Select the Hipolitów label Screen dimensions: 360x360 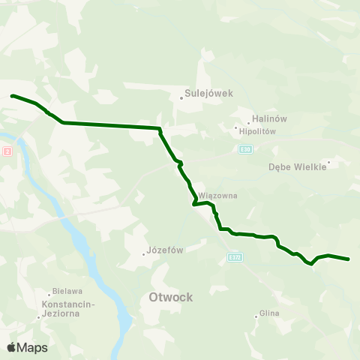[257, 130]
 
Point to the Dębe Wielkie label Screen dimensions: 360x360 [297, 167]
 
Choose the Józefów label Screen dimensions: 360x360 [166, 250]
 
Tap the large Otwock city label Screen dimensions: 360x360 [166, 297]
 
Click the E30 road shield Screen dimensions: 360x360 [245, 150]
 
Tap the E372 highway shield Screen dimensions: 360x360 [235, 257]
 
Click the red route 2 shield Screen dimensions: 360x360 [8, 151]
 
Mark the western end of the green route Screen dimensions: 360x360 [12, 96]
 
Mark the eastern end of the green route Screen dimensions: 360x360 [349, 259]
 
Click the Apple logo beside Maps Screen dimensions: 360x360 [11, 347]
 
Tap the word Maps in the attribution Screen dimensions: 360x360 [32, 347]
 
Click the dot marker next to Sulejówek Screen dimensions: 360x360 [181, 96]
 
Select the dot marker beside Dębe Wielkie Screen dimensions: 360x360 [328, 160]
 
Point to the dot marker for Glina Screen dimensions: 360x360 [256, 316]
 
